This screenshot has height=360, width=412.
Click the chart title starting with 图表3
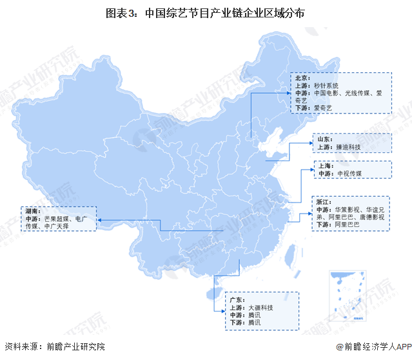tap(206, 12)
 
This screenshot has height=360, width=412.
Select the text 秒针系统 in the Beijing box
tap(326, 85)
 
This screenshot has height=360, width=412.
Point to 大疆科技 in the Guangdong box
tap(260, 308)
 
